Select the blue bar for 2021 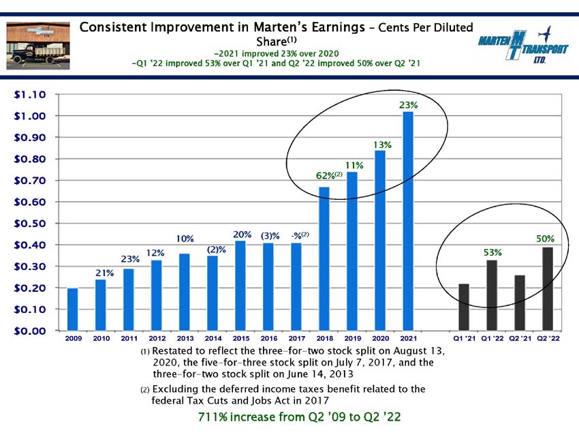coord(408,221)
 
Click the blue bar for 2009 coord(73,310)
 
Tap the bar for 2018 coord(324,258)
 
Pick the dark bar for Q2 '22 coord(548,289)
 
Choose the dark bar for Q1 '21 coord(464,307)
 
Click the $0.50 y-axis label coord(30,224)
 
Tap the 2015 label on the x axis coord(241,338)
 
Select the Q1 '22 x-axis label coord(492,338)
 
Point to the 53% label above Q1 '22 coord(492,252)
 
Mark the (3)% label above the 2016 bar coord(270,236)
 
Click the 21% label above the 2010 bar coord(104,273)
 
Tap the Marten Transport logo coord(523,46)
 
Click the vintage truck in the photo coord(38,54)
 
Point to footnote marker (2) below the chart coord(145,389)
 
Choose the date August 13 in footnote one coord(419,350)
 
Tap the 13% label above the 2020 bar coord(382,145)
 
